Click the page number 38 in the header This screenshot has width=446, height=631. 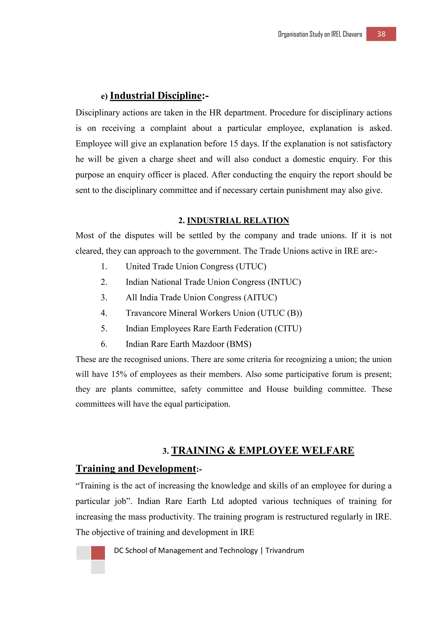[x=381, y=34]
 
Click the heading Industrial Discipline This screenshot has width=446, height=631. [x=155, y=96]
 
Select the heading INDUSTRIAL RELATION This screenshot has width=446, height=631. [x=238, y=221]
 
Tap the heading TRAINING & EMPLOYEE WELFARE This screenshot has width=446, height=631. [x=263, y=450]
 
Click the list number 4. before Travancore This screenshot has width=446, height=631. [x=104, y=313]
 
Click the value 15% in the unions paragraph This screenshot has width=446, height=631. [x=119, y=374]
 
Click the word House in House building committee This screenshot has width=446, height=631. [x=277, y=389]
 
